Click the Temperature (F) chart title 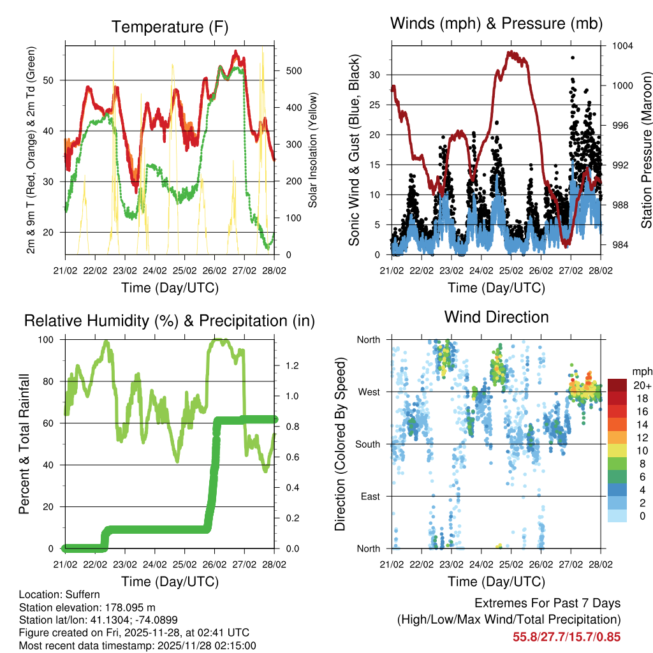[x=170, y=27]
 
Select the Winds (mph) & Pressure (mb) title [x=496, y=24]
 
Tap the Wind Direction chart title [x=496, y=317]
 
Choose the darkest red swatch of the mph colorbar [x=617, y=385]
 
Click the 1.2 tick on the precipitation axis [x=293, y=365]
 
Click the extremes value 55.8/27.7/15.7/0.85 [x=566, y=636]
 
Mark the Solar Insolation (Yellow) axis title [x=313, y=150]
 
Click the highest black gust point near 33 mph [x=573, y=57]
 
